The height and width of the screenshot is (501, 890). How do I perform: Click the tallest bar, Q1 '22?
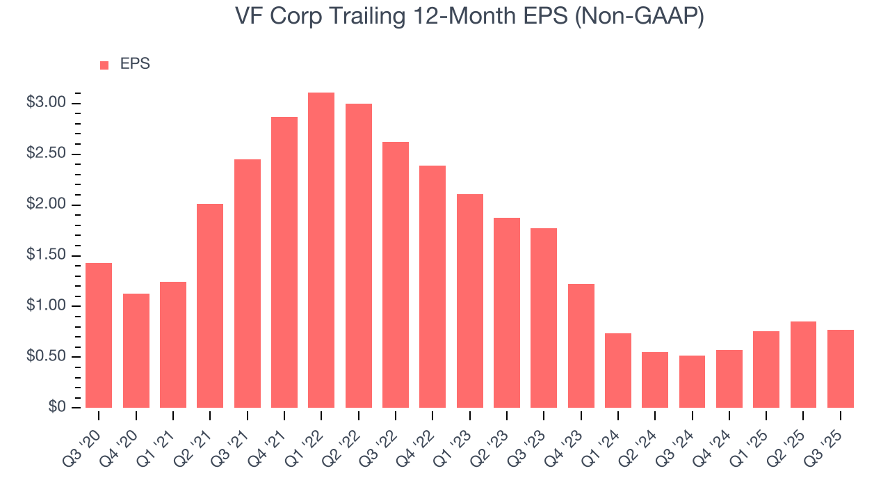click(x=321, y=250)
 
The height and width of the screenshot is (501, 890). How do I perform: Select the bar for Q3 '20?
click(x=99, y=335)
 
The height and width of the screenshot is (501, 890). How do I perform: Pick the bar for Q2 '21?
click(x=210, y=305)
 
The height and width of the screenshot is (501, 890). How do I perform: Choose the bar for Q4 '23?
click(x=581, y=345)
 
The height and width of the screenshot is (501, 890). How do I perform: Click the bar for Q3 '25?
click(x=841, y=368)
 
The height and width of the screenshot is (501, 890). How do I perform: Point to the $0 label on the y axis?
click(x=56, y=407)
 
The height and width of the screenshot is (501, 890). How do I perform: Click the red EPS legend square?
click(x=104, y=65)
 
